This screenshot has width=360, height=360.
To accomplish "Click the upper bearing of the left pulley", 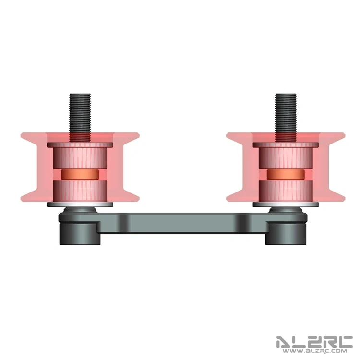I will pos(80,156).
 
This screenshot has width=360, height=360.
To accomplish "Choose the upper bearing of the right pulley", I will pos(286,156).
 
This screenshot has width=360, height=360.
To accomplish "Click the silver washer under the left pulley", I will pos(80,204).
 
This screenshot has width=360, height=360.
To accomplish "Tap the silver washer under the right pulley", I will pos(286,204).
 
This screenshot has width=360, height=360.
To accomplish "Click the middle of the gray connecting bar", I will pos(182,224).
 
